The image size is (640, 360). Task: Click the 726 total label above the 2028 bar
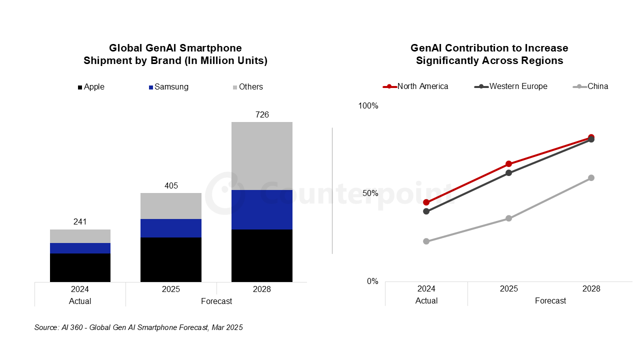coord(262,114)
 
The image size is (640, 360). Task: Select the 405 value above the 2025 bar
coord(171,185)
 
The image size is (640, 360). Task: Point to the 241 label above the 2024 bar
coord(80,221)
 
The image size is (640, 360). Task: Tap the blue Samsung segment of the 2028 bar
coord(261,209)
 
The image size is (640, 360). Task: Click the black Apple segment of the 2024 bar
coord(80,267)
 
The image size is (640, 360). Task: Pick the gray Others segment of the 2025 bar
coord(171,205)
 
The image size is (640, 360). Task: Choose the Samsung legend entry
coord(169,87)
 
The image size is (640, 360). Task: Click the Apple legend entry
coord(91,87)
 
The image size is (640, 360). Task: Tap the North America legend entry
coord(416,86)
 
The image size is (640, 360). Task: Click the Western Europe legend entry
coord(511,86)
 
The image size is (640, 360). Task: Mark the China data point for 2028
coord(591,177)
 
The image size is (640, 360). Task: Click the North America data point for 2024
coord(426,202)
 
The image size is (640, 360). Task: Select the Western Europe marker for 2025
coord(508,173)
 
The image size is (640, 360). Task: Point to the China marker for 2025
coord(508,218)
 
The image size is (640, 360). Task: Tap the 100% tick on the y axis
coord(368,106)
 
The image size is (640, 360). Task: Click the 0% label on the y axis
coord(372,281)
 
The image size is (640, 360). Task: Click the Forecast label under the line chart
coord(550,300)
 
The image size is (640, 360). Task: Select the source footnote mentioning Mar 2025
coord(138,327)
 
